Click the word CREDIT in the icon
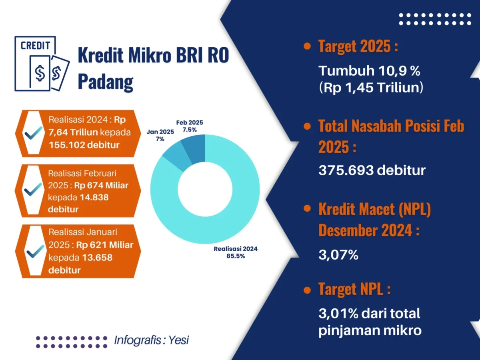click(35, 46)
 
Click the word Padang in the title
click(106, 82)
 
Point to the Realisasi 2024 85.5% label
click(236, 252)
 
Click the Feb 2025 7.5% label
click(190, 126)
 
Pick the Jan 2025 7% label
click(160, 135)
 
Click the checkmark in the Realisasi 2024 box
click(33, 133)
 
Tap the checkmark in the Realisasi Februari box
click(33, 189)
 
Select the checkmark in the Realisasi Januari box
click(35, 251)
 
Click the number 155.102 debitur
click(84, 145)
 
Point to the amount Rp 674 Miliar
click(101, 185)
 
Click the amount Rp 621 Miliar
click(105, 245)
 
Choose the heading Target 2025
click(358, 46)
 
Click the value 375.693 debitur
click(372, 170)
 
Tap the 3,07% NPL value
click(338, 255)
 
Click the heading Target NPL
click(354, 289)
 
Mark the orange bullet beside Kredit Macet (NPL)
click(307, 208)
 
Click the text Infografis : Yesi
click(151, 340)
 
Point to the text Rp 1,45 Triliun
click(371, 88)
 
